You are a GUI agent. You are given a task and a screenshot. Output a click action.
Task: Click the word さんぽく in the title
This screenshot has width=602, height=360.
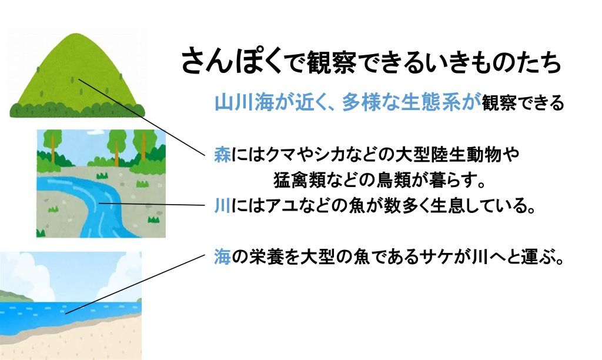[x=232, y=62]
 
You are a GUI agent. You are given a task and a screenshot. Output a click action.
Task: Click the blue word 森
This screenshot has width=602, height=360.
[x=223, y=155]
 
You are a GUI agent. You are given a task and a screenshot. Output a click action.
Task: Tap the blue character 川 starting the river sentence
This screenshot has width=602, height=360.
[x=223, y=206]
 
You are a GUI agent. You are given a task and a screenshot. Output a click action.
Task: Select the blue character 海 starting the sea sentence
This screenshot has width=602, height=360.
[x=223, y=257]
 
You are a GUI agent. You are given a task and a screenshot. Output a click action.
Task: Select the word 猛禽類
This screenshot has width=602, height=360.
[x=299, y=180]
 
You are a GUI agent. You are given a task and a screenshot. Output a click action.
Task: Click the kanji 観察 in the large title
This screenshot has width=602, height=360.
[x=326, y=62]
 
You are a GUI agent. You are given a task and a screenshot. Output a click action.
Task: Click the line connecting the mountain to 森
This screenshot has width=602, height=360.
[x=142, y=117]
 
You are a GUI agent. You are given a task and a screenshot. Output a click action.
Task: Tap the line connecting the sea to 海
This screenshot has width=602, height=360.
[x=135, y=284]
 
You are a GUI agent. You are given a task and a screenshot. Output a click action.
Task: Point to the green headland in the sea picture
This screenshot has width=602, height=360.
[x=15, y=296]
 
